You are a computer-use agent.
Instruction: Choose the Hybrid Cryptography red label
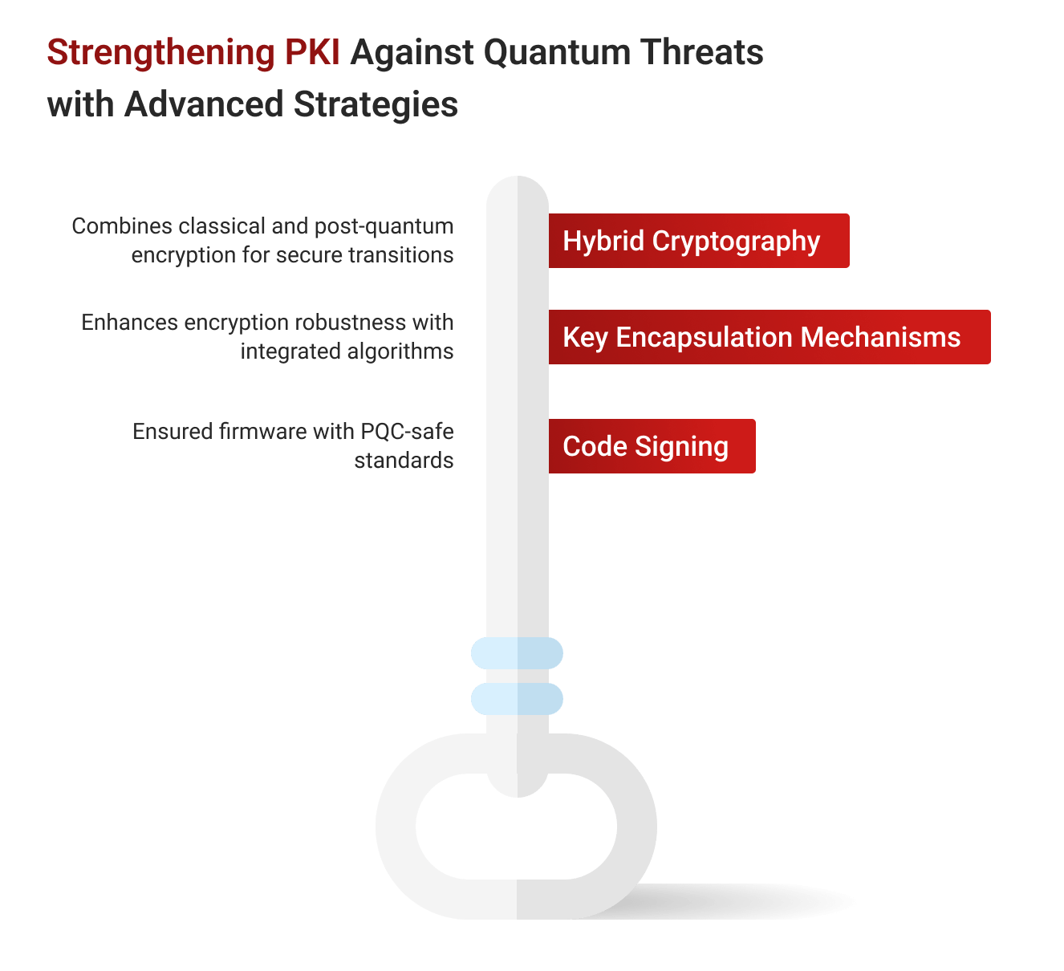(698, 241)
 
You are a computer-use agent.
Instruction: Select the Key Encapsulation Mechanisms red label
(769, 337)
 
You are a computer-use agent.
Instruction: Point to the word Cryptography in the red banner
(736, 242)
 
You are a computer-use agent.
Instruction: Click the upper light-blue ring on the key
(517, 653)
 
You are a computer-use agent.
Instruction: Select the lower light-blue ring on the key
(517, 699)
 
